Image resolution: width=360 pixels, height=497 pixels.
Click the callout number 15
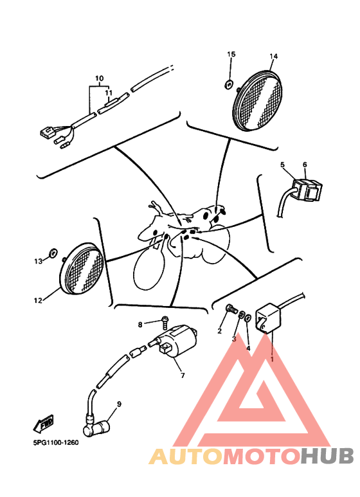tap(231, 54)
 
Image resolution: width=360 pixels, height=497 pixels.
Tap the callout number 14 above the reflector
tap(273, 56)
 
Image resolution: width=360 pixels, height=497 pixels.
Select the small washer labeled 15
tap(229, 84)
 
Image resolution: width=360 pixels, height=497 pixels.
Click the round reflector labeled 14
tap(258, 100)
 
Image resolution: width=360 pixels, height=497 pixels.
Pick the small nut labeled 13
tap(53, 253)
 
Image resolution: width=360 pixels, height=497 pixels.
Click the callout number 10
tap(99, 78)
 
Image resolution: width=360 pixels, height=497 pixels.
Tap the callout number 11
tap(109, 93)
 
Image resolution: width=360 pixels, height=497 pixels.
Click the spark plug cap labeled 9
tap(96, 428)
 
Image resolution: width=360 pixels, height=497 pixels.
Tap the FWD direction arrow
tap(44, 424)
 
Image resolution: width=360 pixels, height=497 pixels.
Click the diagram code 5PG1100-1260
tap(56, 442)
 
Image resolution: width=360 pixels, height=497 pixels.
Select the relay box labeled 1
tap(268, 318)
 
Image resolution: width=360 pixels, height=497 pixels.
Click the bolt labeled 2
tap(231, 309)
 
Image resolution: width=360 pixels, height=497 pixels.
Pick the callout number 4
tap(248, 348)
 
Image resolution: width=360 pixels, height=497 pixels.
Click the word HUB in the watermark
tap(327, 456)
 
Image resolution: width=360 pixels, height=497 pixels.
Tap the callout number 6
tap(305, 165)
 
